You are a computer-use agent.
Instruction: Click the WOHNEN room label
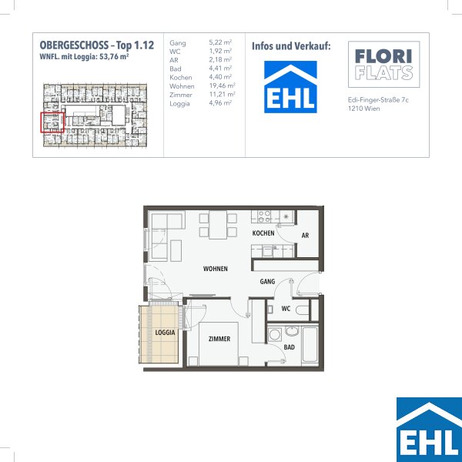(216, 269)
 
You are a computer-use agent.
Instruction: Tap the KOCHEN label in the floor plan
(263, 233)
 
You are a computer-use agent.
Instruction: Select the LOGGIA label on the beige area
(165, 333)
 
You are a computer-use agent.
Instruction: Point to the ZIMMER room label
(219, 339)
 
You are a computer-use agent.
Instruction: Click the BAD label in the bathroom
(289, 347)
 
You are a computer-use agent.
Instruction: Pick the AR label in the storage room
(305, 236)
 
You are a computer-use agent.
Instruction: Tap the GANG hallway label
(267, 282)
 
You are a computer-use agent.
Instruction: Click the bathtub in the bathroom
(310, 344)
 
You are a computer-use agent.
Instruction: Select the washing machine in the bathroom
(275, 335)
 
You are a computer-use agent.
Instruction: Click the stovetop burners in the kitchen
(264, 216)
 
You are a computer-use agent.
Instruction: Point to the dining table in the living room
(218, 225)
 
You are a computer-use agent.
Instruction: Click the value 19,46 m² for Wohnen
(223, 85)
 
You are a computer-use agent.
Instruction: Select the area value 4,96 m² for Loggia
(220, 103)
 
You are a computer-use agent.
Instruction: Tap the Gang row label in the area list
(178, 43)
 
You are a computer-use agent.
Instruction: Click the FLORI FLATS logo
(384, 64)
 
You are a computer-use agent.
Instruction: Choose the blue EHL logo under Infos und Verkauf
(290, 87)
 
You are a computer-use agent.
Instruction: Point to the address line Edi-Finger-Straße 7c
(378, 100)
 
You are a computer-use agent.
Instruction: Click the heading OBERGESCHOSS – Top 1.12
(97, 45)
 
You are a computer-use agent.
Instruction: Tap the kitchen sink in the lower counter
(267, 251)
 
